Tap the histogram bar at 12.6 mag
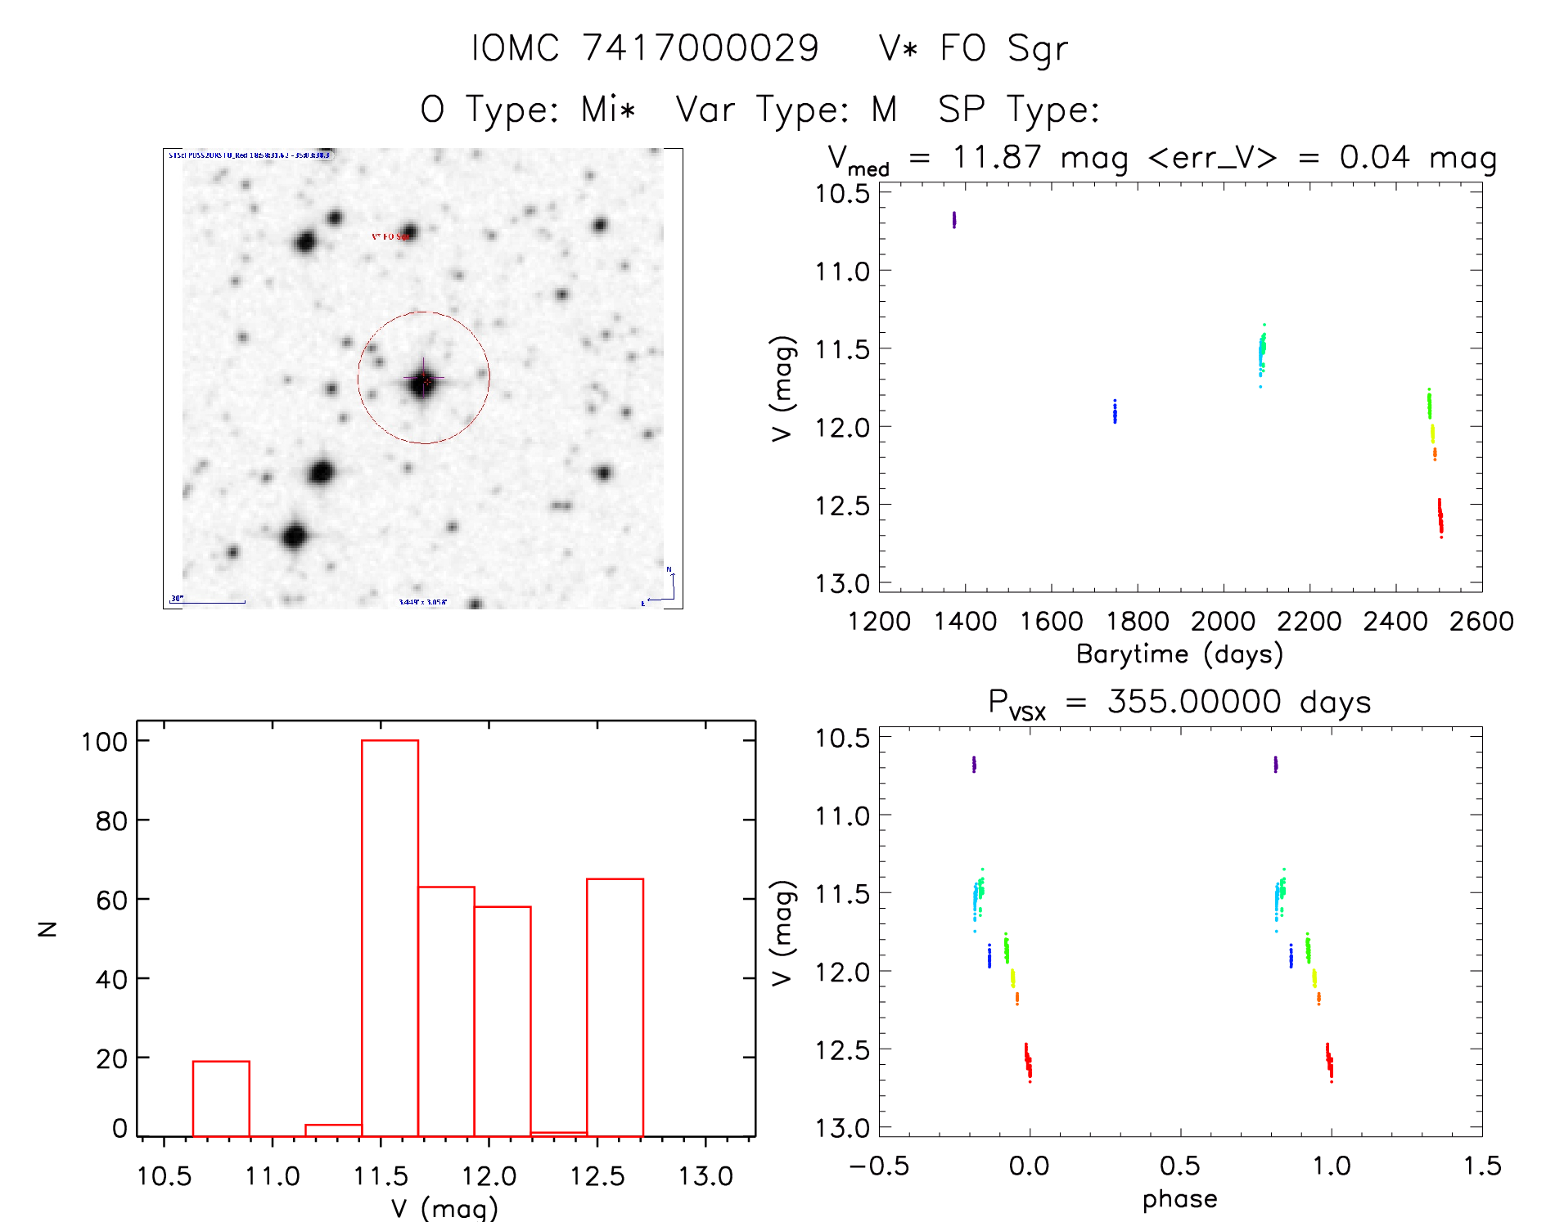coord(615,1006)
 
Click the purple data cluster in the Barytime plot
coord(953,219)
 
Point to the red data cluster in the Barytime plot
coord(1440,518)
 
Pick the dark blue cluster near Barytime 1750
coord(1114,411)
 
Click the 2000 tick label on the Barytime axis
coord(1223,622)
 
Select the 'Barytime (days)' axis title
coord(1179,654)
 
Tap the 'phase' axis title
coord(1179,1199)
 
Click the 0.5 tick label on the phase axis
coord(1179,1166)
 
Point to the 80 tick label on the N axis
coord(111,820)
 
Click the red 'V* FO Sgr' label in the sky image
coord(390,236)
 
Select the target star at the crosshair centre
coord(423,380)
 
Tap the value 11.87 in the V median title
coord(997,157)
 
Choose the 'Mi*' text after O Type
coord(608,109)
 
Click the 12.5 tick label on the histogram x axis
coord(597,1176)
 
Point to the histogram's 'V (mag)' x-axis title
coord(444,1208)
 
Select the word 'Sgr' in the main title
coord(1037,48)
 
